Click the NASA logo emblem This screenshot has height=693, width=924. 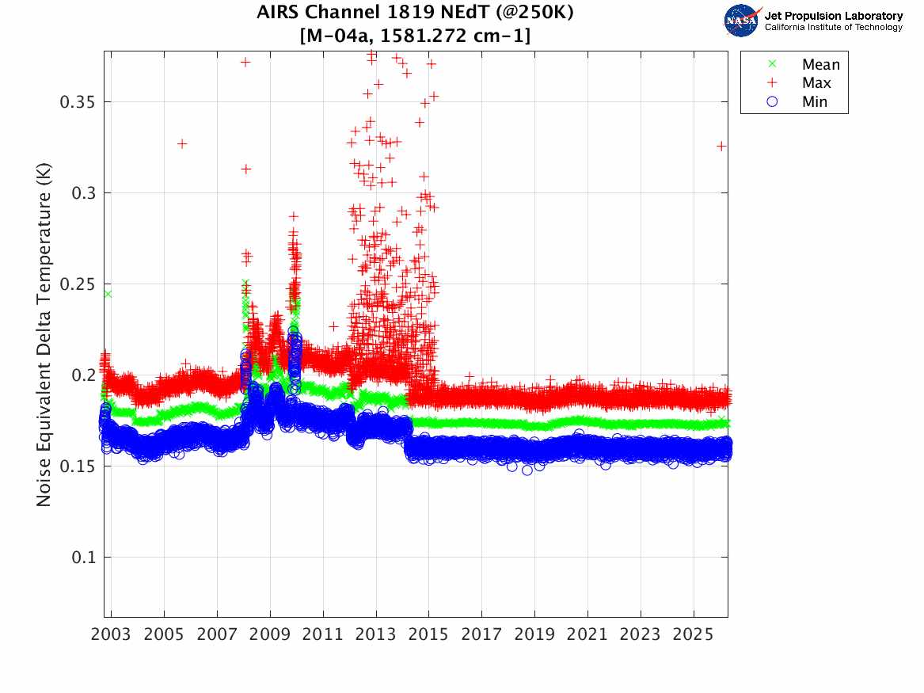[x=741, y=21]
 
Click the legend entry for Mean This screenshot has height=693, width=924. [x=819, y=65]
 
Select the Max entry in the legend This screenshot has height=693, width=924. [x=816, y=83]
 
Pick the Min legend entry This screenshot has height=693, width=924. [x=814, y=102]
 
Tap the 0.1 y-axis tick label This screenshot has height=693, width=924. [x=82, y=558]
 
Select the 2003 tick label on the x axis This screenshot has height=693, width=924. [x=112, y=635]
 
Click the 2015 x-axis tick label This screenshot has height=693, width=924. [x=429, y=635]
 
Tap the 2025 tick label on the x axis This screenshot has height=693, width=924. [x=694, y=635]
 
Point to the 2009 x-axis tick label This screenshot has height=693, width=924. [x=270, y=635]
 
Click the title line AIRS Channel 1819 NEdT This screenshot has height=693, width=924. [x=415, y=13]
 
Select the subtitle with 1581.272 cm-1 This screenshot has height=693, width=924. [x=415, y=36]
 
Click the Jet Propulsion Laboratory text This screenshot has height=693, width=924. [x=833, y=16]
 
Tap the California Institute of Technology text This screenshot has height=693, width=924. [x=833, y=28]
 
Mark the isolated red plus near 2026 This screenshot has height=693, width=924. [x=721, y=147]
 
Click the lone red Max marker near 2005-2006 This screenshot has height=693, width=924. [x=182, y=144]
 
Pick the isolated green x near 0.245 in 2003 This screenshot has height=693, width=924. [x=108, y=294]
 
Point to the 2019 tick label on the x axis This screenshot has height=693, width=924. [x=535, y=635]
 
